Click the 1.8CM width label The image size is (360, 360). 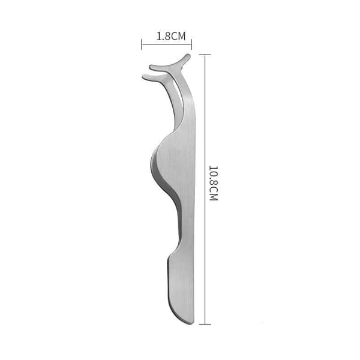click(171, 36)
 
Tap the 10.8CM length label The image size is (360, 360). click(213, 183)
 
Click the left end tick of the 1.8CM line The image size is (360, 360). click(142, 44)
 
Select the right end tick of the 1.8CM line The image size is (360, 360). click(191, 44)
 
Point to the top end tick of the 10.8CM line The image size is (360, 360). click(205, 55)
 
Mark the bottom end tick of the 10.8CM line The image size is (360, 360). click(205, 324)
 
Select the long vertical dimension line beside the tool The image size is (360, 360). click(205, 190)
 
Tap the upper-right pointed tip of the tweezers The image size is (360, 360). click(188, 56)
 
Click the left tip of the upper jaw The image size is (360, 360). click(151, 67)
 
